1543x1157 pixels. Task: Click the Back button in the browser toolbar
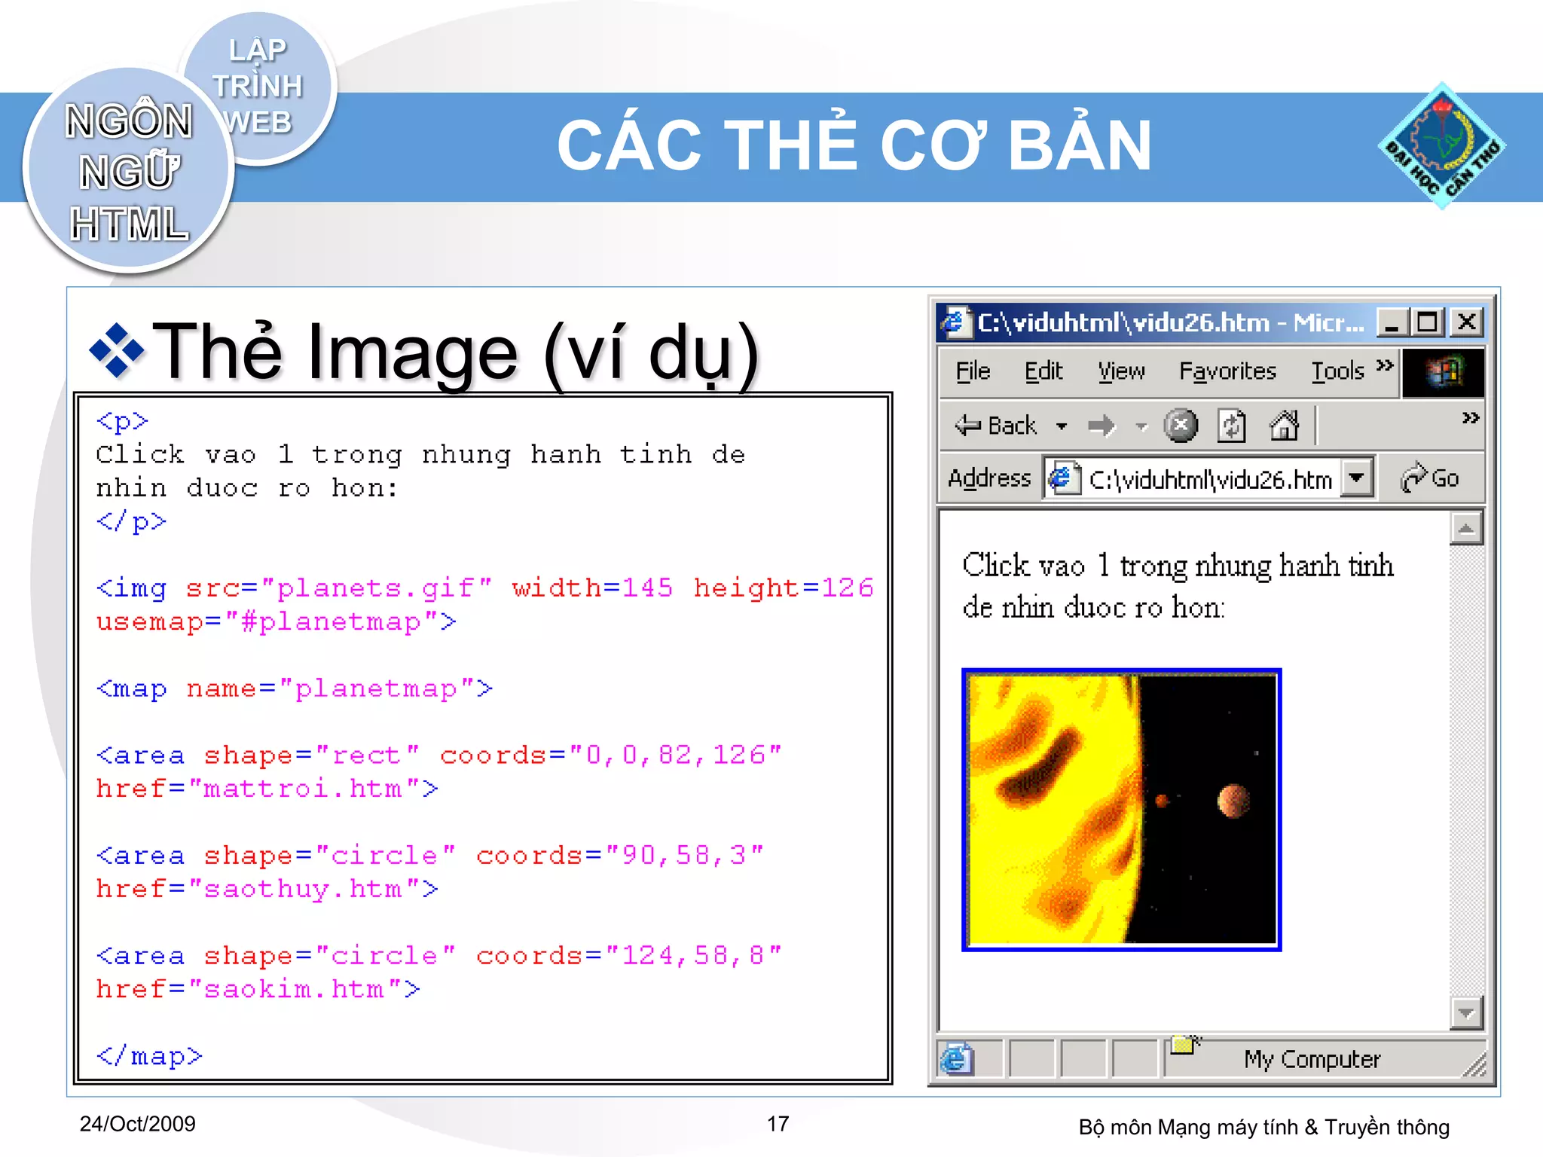[x=996, y=426]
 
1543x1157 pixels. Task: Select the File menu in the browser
[x=973, y=371]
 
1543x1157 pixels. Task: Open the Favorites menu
[x=1227, y=371]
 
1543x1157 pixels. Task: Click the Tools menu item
[x=1337, y=371]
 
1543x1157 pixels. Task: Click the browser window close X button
[x=1466, y=322]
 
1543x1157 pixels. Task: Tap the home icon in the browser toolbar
[x=1285, y=426]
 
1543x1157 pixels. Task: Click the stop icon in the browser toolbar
[x=1181, y=426]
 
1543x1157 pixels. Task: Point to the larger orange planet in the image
[x=1233, y=800]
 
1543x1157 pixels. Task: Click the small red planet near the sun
[x=1162, y=800]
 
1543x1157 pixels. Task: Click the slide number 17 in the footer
[x=778, y=1124]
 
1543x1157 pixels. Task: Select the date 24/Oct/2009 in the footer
[x=137, y=1124]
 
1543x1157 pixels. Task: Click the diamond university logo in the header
[x=1442, y=145]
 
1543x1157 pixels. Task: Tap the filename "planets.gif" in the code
[x=376, y=588]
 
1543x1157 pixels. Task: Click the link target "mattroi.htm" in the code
[x=303, y=789]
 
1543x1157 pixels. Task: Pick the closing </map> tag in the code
[x=149, y=1056]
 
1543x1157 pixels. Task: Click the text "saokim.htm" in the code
[x=303, y=989]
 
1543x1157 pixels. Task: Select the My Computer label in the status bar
[x=1312, y=1060]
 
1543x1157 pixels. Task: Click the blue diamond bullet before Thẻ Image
[x=116, y=350]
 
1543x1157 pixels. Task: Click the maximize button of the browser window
[x=1427, y=322]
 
